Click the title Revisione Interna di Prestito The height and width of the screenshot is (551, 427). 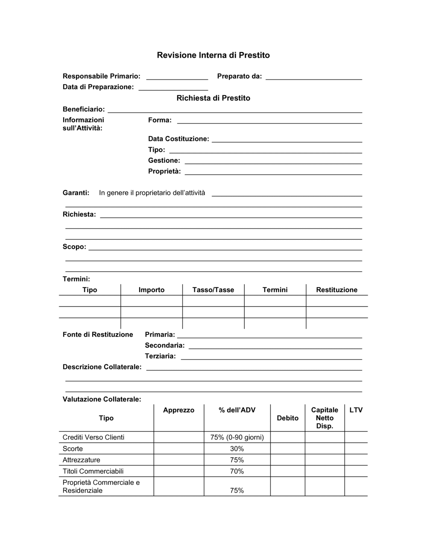213,55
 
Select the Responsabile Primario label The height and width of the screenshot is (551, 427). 101,76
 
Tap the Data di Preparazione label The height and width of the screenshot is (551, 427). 98,87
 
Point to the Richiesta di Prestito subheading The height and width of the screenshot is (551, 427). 213,98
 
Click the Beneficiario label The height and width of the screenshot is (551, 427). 84,109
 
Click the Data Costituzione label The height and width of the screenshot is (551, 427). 178,139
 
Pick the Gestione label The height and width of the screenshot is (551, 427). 164,160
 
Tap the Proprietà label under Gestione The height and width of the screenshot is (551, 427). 164,171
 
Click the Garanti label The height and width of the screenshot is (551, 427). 76,193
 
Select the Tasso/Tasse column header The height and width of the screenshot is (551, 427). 213,290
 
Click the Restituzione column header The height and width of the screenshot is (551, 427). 336,290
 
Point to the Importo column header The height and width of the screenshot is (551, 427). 151,290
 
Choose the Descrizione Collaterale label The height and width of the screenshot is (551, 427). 102,366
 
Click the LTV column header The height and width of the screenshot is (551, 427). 356,410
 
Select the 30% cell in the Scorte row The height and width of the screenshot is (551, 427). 237,448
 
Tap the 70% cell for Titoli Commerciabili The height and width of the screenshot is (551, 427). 237,471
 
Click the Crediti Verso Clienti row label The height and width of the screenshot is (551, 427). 94,437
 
